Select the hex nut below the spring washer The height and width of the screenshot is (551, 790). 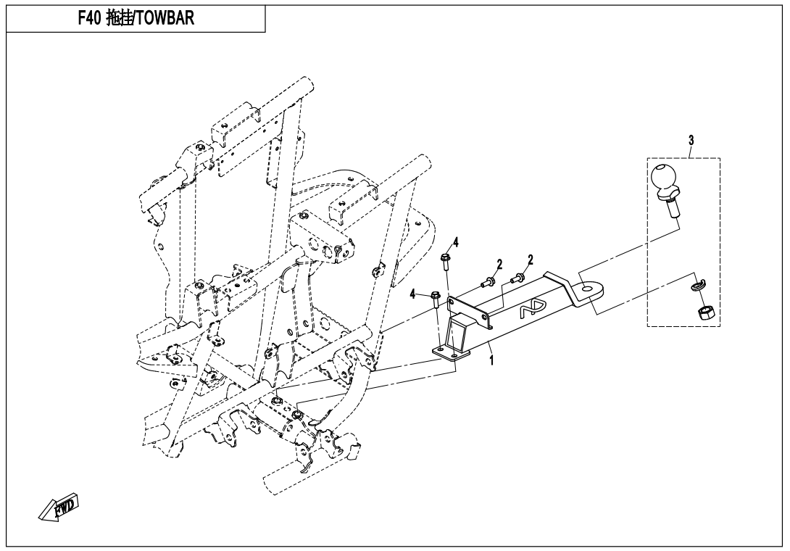click(702, 312)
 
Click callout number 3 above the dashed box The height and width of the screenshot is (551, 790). click(691, 140)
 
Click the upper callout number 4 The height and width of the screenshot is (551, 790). click(456, 242)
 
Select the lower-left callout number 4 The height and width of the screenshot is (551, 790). click(413, 294)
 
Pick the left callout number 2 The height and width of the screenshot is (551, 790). click(499, 263)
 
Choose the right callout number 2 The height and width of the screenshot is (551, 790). click(531, 260)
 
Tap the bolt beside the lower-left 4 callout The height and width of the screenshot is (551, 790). click(436, 298)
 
